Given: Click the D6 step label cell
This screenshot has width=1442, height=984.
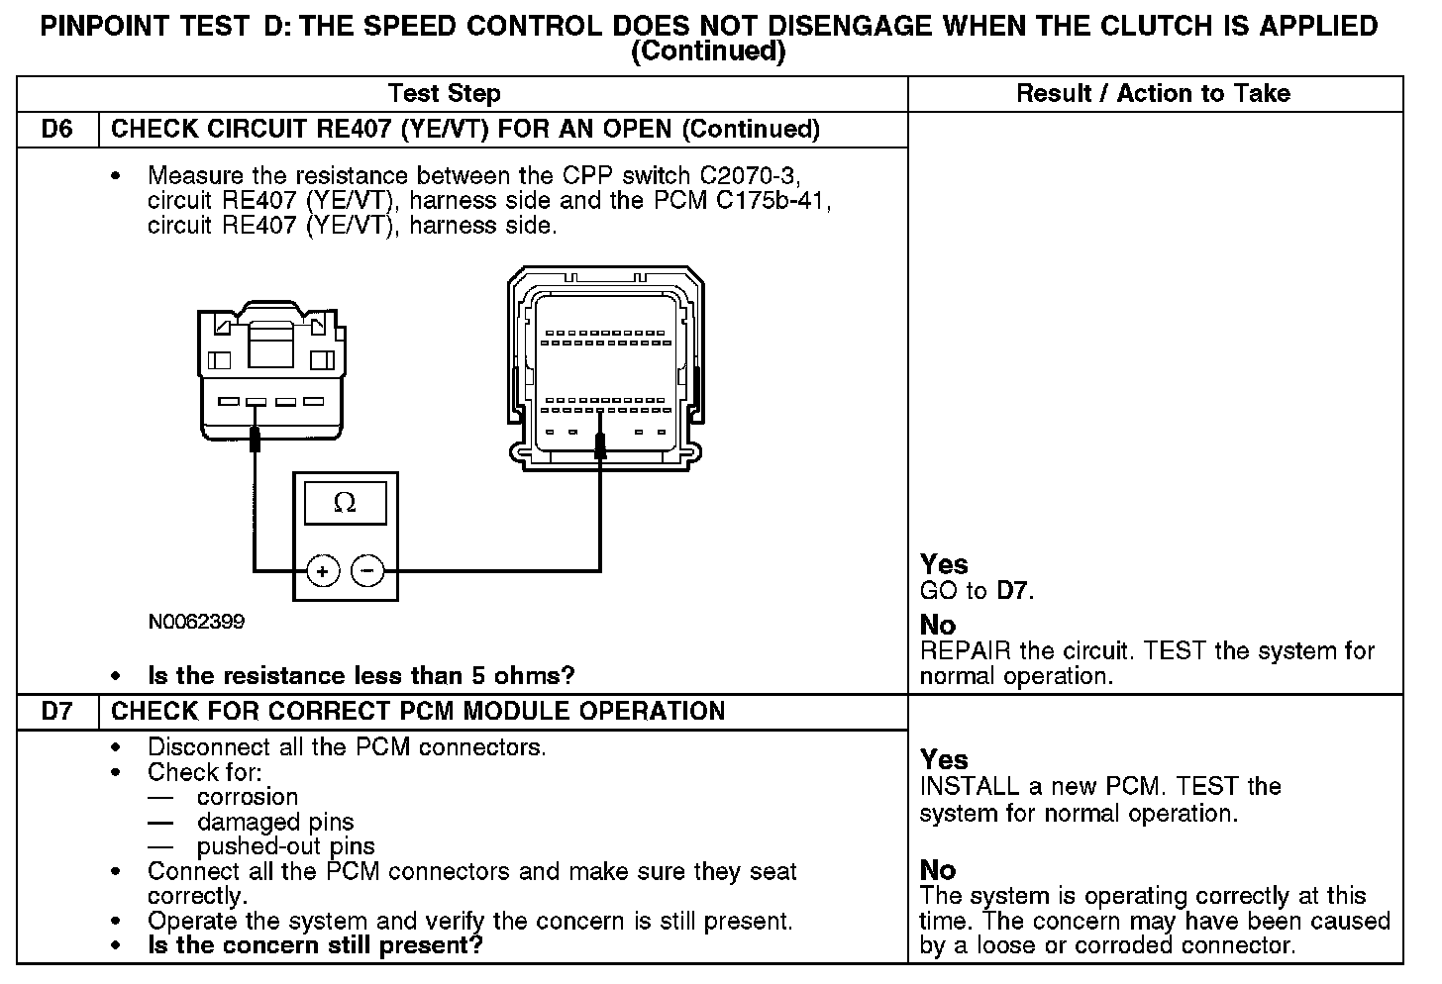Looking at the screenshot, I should (x=57, y=130).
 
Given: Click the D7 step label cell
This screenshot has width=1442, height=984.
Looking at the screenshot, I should (x=57, y=712).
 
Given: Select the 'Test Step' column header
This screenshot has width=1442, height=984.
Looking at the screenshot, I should (x=444, y=94).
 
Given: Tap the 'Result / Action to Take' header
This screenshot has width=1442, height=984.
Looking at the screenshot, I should (x=1153, y=94).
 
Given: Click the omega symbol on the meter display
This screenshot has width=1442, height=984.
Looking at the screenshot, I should (x=345, y=503).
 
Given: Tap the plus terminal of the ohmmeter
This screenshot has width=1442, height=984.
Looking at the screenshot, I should (x=322, y=571).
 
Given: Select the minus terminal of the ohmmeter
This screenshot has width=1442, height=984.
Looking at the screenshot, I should (x=367, y=571).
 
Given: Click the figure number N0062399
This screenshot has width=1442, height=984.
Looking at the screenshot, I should (x=196, y=622).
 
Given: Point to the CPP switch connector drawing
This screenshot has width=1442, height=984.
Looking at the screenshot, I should (x=267, y=371).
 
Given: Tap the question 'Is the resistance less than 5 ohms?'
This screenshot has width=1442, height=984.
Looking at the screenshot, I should (x=360, y=676).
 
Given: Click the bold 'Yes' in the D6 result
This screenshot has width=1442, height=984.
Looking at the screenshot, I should (x=944, y=564).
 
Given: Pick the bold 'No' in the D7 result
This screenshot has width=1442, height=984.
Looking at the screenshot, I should (x=938, y=870).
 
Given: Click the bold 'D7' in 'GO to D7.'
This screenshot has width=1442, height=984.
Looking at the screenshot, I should (x=1011, y=592).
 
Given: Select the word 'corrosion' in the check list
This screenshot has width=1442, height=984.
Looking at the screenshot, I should (x=247, y=797).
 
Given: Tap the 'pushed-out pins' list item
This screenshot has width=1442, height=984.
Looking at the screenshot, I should (x=285, y=846).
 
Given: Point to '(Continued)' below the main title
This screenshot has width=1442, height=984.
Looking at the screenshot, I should (x=708, y=51).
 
